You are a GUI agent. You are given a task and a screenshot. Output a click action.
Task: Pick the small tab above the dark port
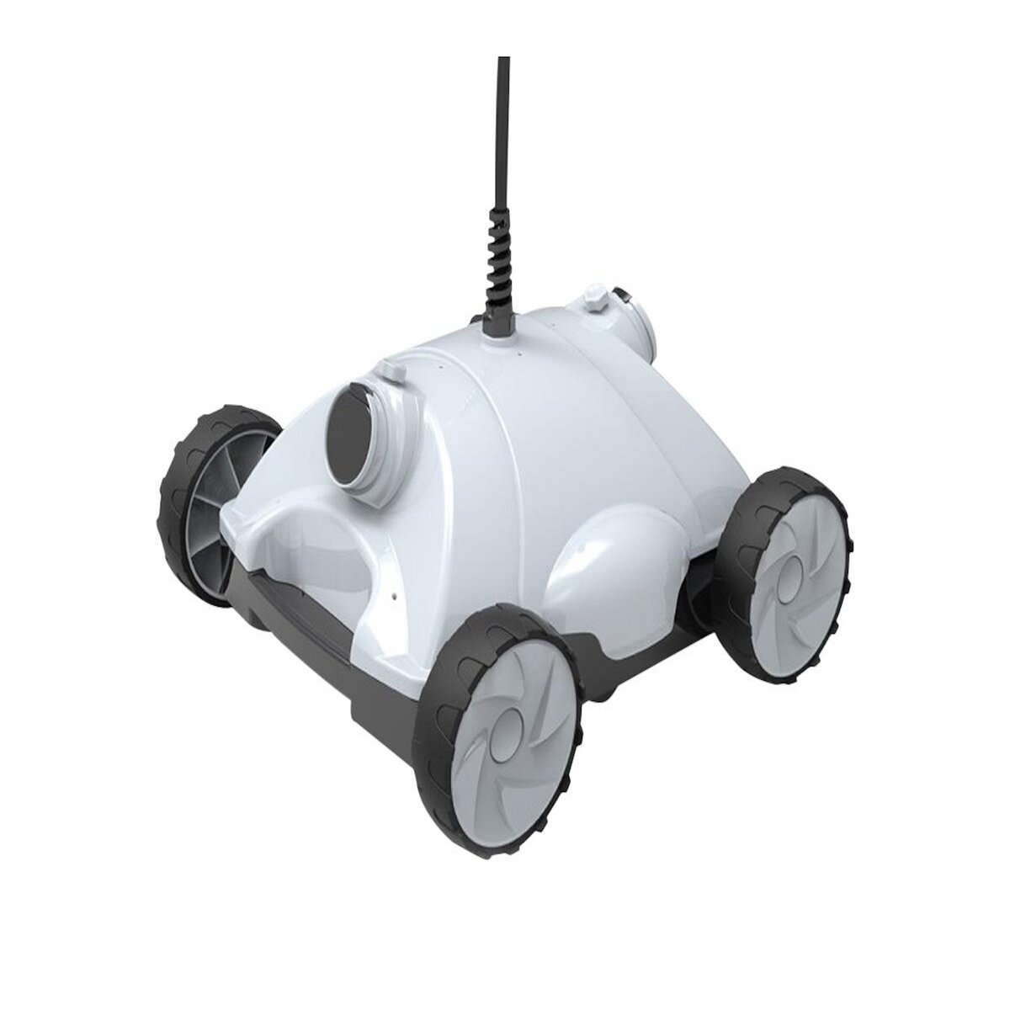click(389, 371)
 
